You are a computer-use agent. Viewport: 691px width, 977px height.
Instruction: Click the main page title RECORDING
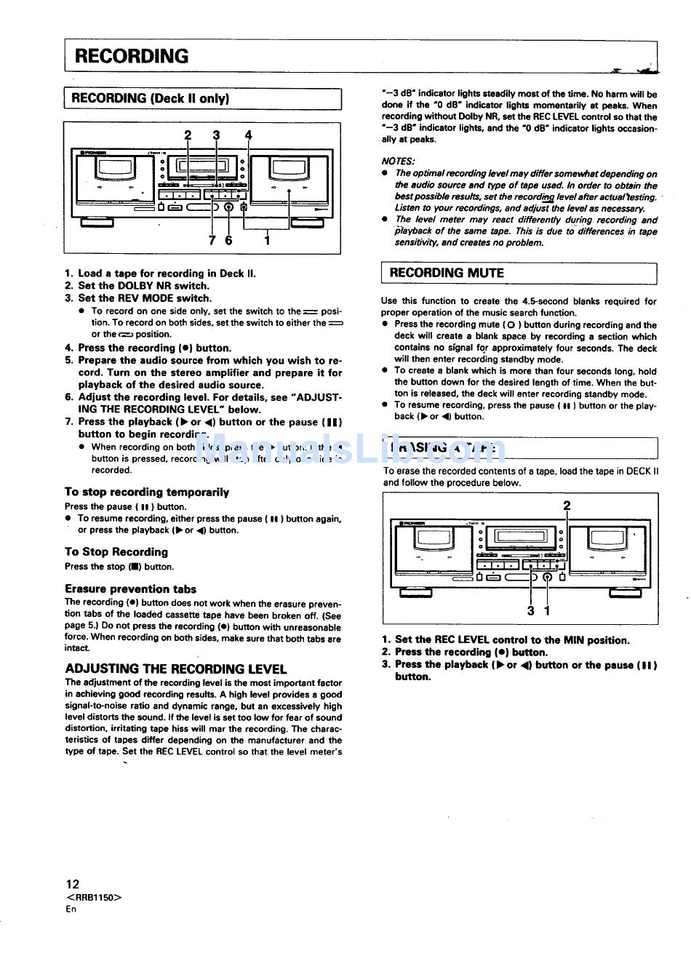click(132, 57)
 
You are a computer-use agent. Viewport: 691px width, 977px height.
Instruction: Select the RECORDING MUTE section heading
click(447, 274)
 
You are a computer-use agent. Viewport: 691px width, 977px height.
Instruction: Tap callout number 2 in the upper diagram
click(188, 135)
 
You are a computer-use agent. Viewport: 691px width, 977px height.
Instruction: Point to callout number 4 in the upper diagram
click(248, 135)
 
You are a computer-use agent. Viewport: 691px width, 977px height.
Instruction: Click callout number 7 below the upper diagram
click(212, 240)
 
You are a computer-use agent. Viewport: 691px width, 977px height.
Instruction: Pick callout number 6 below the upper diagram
click(228, 240)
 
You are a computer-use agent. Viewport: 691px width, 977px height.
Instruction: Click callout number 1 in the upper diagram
click(267, 240)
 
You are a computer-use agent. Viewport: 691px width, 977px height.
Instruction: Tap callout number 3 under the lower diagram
click(531, 611)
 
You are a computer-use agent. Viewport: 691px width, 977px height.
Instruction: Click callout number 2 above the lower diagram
click(567, 506)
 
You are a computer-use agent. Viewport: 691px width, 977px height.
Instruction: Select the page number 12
click(72, 885)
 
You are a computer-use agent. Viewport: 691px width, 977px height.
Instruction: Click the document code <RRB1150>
click(94, 897)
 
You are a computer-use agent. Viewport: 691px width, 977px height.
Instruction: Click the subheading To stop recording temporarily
click(146, 493)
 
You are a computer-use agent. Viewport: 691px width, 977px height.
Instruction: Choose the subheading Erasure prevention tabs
click(130, 589)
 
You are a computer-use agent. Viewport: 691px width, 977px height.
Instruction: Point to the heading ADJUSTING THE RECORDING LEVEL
click(176, 669)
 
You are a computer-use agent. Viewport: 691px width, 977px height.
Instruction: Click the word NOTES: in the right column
click(398, 161)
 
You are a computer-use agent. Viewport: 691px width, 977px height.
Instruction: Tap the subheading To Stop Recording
click(116, 552)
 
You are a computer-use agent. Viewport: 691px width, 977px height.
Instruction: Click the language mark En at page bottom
click(71, 909)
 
